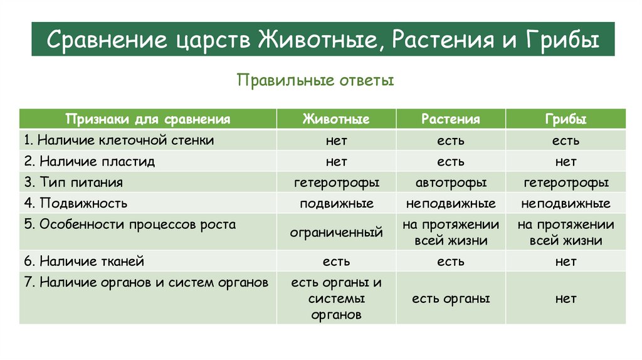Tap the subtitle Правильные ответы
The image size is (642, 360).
[315, 81]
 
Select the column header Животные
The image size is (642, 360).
[336, 119]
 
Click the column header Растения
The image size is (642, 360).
[450, 119]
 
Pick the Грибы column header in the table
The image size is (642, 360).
[566, 119]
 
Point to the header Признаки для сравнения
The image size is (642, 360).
[149, 119]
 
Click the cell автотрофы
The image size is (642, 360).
[450, 183]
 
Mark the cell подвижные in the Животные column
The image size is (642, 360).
[336, 204]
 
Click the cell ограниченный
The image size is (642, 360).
[336, 233]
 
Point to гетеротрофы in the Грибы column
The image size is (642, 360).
[566, 183]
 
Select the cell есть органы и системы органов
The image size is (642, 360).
[336, 299]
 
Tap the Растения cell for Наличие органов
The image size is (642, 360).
[450, 299]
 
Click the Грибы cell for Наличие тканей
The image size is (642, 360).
[566, 262]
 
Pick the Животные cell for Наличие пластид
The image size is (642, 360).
[336, 162]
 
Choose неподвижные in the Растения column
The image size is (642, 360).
[450, 204]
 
